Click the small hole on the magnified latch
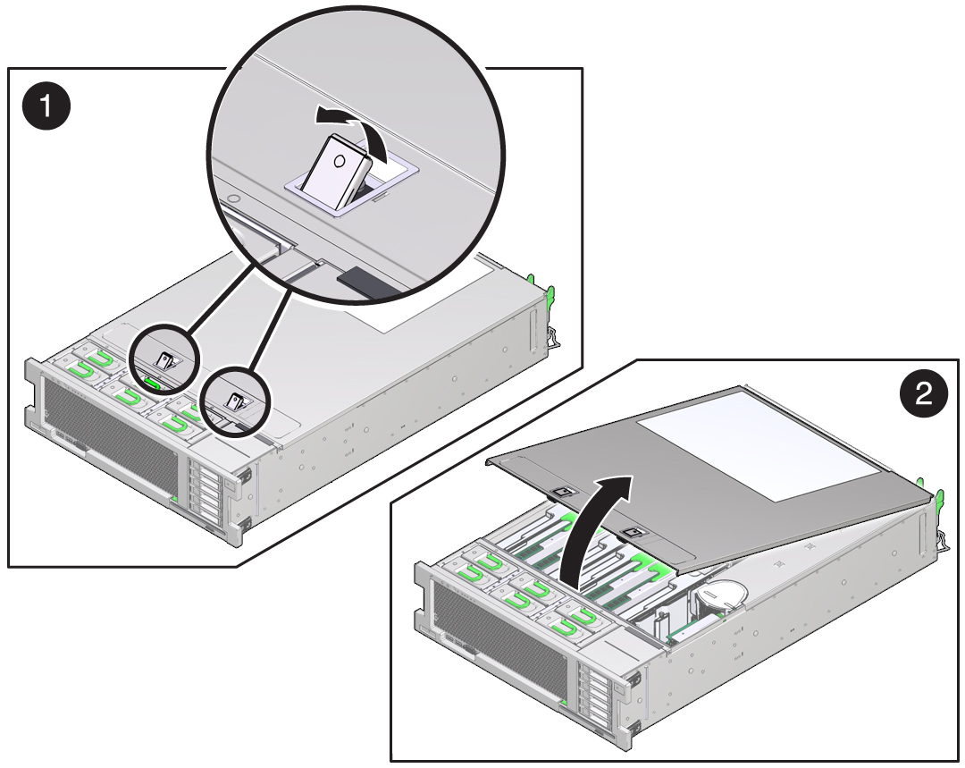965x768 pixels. coord(339,161)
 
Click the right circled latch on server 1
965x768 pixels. coord(236,401)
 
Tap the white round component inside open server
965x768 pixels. coord(720,596)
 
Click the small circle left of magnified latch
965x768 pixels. coord(232,198)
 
